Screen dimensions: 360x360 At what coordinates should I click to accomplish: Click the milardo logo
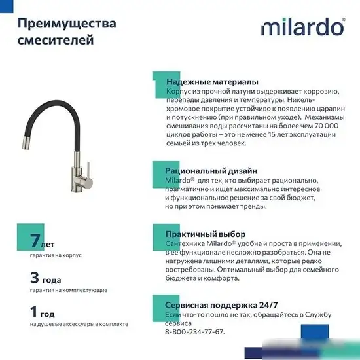(302, 27)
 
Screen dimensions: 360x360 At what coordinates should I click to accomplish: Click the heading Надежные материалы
(212, 81)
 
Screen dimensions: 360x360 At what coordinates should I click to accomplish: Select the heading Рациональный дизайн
(211, 171)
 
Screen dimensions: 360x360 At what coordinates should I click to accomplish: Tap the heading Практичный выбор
(206, 234)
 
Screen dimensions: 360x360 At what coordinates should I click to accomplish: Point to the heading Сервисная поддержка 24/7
(221, 305)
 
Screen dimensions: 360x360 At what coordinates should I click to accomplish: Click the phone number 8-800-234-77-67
(194, 332)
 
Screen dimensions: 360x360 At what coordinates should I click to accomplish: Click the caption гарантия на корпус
(56, 255)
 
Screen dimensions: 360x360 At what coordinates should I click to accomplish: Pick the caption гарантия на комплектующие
(69, 289)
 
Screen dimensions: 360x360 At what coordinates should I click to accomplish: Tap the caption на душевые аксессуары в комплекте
(79, 324)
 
